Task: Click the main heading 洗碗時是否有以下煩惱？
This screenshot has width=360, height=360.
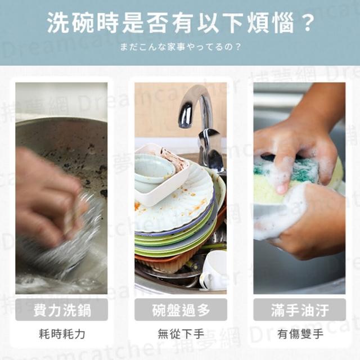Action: pyautogui.click(x=181, y=24)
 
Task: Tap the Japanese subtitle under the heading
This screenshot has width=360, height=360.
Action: pyautogui.click(x=181, y=47)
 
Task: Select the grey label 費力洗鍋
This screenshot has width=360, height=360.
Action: pyautogui.click(x=61, y=310)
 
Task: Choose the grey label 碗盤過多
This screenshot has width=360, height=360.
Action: pyautogui.click(x=181, y=310)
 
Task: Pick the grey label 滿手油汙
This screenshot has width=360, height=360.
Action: pyautogui.click(x=300, y=310)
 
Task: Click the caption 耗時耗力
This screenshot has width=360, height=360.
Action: pyautogui.click(x=62, y=334)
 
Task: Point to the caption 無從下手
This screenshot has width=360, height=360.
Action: pyautogui.click(x=181, y=334)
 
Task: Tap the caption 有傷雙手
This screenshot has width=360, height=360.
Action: pyautogui.click(x=300, y=334)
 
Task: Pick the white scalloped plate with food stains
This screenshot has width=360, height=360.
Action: pyautogui.click(x=174, y=206)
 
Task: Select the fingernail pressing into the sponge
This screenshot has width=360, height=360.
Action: pyautogui.click(x=281, y=189)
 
